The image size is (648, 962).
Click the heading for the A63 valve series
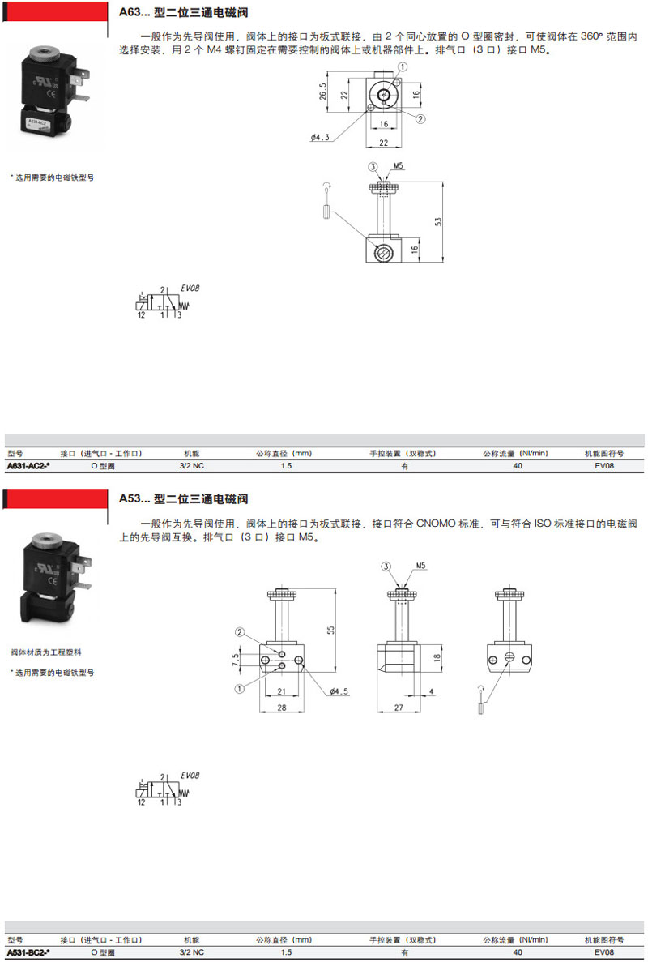coord(183,12)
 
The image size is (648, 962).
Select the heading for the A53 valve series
coord(183,498)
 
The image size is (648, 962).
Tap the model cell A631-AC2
coord(28,466)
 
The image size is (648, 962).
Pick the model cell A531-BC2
coord(28,952)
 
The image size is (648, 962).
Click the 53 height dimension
coord(437,221)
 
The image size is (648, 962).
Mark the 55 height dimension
coord(330,630)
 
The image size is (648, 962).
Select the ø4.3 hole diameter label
coord(319,137)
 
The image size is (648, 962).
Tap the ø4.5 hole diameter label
coord(339,691)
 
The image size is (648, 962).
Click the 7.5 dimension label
coord(236,661)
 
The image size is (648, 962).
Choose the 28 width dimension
coord(281,708)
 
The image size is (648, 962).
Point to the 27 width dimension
coord(399,708)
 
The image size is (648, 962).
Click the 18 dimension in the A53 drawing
coord(437,658)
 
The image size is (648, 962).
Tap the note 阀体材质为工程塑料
coord(46,652)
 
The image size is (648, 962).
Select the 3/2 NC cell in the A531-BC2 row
coord(192,952)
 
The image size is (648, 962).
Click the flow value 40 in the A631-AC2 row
coord(518,466)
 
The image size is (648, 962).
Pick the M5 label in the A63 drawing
coord(399,165)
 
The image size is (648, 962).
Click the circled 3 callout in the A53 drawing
coord(386,567)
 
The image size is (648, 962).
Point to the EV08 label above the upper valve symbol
coord(190,288)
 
